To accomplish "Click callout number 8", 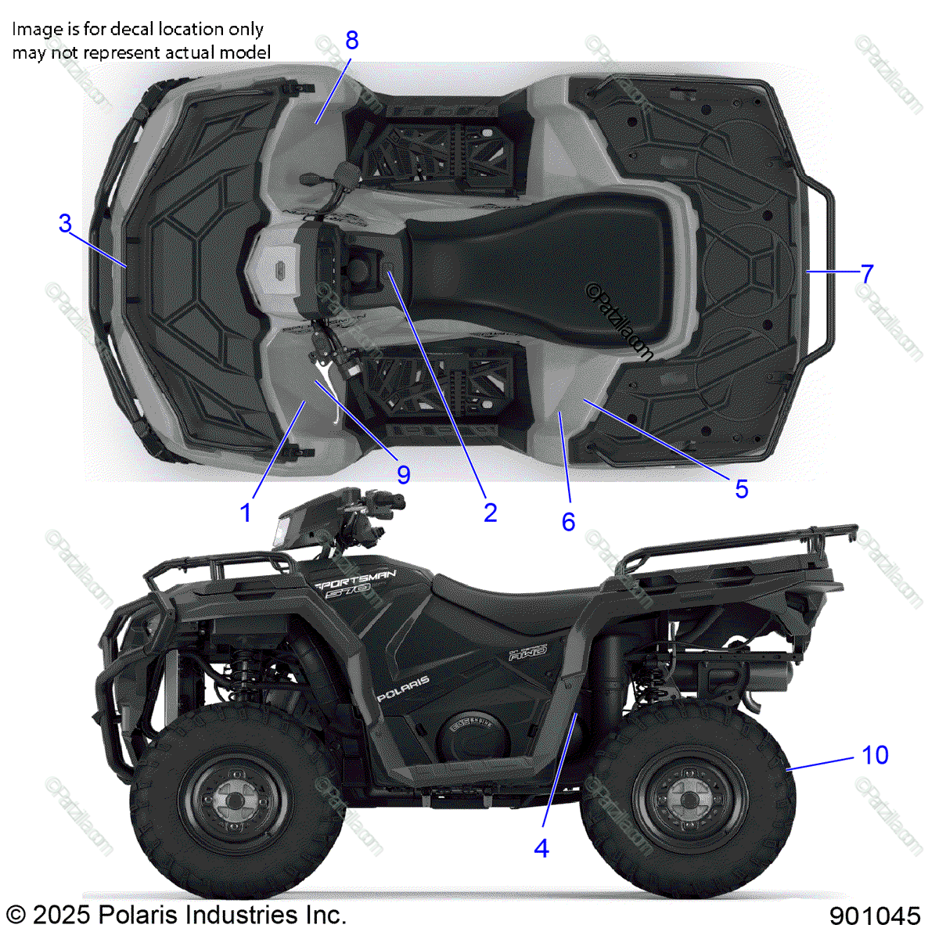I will [x=352, y=40].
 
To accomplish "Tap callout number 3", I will [x=65, y=224].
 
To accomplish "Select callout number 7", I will [x=866, y=274].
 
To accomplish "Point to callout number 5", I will [x=742, y=489].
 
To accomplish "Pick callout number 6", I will [x=569, y=522].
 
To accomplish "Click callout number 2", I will [x=491, y=513].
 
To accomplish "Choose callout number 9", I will [x=404, y=474].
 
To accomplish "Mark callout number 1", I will [x=246, y=513].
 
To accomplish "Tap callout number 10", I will [x=875, y=755].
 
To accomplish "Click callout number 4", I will [x=541, y=848].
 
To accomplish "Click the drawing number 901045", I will [x=875, y=916].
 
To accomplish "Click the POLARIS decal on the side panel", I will [x=404, y=688].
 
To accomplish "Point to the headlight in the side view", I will [x=279, y=534].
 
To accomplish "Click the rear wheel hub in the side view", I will [x=686, y=800].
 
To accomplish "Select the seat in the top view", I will [x=540, y=254].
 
